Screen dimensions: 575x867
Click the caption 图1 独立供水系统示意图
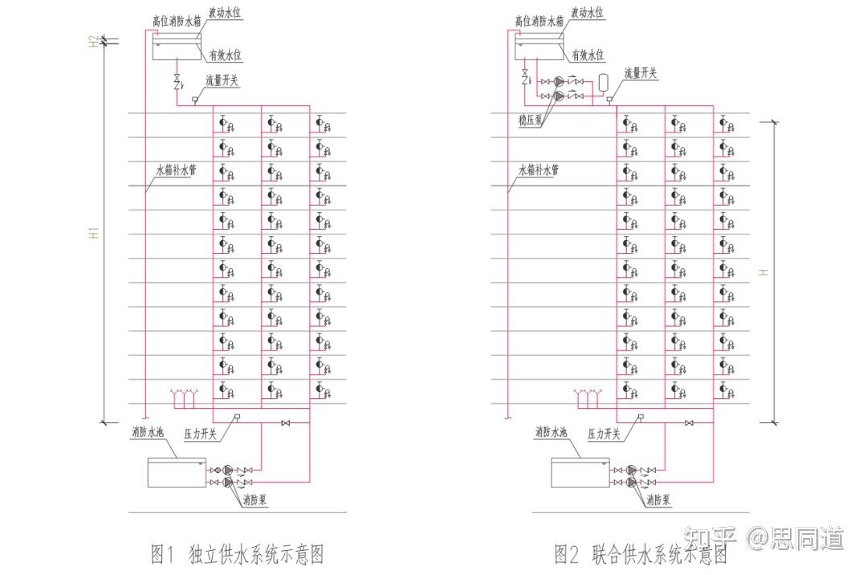pos(237,554)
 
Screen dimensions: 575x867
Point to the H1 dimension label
pos(94,233)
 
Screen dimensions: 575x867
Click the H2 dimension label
pos(94,40)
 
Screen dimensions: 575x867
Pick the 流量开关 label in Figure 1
pos(222,80)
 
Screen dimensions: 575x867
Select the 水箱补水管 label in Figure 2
pos(538,170)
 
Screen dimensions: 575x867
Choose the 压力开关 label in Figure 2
pos(604,434)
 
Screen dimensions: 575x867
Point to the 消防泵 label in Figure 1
pos(255,500)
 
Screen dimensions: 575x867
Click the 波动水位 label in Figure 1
pos(226,13)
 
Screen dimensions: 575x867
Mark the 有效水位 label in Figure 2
pos(588,55)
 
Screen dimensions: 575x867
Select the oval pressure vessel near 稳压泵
pos(604,81)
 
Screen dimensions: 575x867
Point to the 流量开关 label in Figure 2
pos(641,74)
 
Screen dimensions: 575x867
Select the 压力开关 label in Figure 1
pos(201,434)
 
